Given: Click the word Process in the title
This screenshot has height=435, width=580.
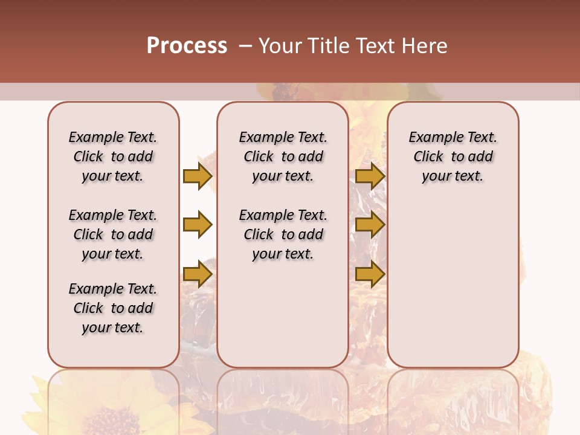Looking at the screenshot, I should (x=187, y=46).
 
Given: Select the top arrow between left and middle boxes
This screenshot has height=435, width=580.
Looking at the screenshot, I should (x=198, y=176).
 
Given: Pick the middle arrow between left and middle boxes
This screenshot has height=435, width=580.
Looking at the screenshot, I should (x=198, y=225).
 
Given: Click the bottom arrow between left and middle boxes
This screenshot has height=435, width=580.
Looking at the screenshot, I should (x=198, y=274).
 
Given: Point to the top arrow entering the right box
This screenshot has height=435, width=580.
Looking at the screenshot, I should (x=370, y=176).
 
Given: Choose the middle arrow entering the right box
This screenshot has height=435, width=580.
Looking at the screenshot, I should (x=370, y=225).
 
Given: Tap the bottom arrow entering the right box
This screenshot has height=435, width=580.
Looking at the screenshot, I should (x=370, y=274).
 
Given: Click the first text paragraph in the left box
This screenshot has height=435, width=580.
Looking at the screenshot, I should (x=113, y=156).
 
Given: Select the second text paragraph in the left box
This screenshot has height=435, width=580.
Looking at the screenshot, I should (x=113, y=234).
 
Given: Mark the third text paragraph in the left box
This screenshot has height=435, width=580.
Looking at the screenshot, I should (x=113, y=308).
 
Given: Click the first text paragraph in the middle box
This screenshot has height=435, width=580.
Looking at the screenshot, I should (x=283, y=156).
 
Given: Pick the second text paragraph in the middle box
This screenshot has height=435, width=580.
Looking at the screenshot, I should (x=283, y=234).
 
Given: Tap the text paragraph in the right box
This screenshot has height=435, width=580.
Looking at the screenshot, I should (x=453, y=156).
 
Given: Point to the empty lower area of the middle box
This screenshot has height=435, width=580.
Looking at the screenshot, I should (x=283, y=320).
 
